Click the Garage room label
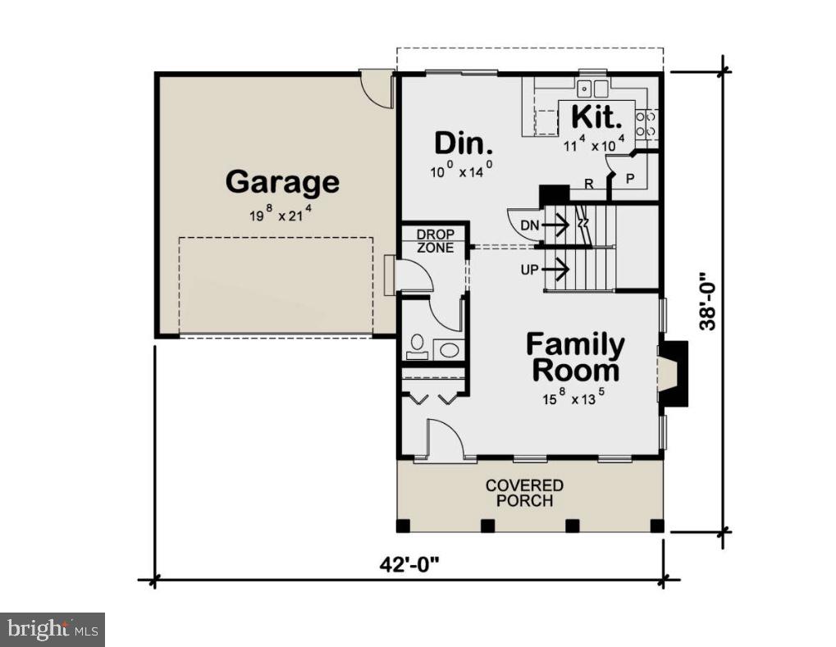pos(282,182)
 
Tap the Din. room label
pos(464,144)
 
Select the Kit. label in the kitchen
pos(596,116)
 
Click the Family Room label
pos(575,358)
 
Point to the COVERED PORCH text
pos(524,493)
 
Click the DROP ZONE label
pos(434,241)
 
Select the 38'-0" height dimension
pos(706,301)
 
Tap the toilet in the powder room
pos(417,348)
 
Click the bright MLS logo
pos(53,630)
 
